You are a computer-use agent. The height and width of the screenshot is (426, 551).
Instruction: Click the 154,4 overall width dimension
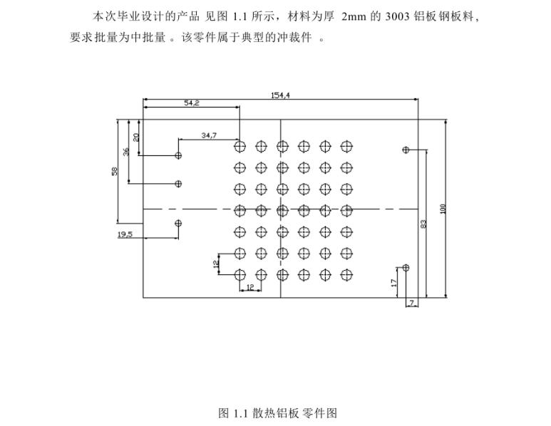280,95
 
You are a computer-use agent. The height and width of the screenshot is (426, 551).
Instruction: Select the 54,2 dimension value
192,103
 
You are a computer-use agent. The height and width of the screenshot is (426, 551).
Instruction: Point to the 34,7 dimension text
210,135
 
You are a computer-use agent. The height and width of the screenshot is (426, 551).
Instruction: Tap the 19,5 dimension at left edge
125,234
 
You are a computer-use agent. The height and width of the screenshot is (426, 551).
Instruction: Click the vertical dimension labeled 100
443,209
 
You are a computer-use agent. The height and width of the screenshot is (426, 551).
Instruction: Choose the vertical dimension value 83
423,224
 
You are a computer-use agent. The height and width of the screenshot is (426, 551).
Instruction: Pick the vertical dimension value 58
114,172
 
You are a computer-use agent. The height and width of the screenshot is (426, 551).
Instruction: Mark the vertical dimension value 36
126,151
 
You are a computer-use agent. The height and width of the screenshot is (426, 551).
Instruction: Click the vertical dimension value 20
136,137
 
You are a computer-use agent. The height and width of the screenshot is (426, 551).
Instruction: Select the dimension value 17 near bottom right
393,282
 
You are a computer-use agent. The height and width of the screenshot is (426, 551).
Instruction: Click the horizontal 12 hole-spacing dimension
249,287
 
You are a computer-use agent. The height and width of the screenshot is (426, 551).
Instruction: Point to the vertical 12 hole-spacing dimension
215,263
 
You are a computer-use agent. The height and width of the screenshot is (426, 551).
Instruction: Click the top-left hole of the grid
240,147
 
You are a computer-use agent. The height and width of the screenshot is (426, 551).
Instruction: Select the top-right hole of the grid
346,147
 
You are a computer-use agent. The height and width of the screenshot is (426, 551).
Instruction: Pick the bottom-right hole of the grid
346,274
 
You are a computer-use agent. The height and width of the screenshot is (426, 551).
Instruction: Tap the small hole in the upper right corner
406,150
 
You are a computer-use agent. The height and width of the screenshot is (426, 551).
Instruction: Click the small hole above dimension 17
406,268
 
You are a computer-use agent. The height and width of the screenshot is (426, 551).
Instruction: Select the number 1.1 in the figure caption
240,413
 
